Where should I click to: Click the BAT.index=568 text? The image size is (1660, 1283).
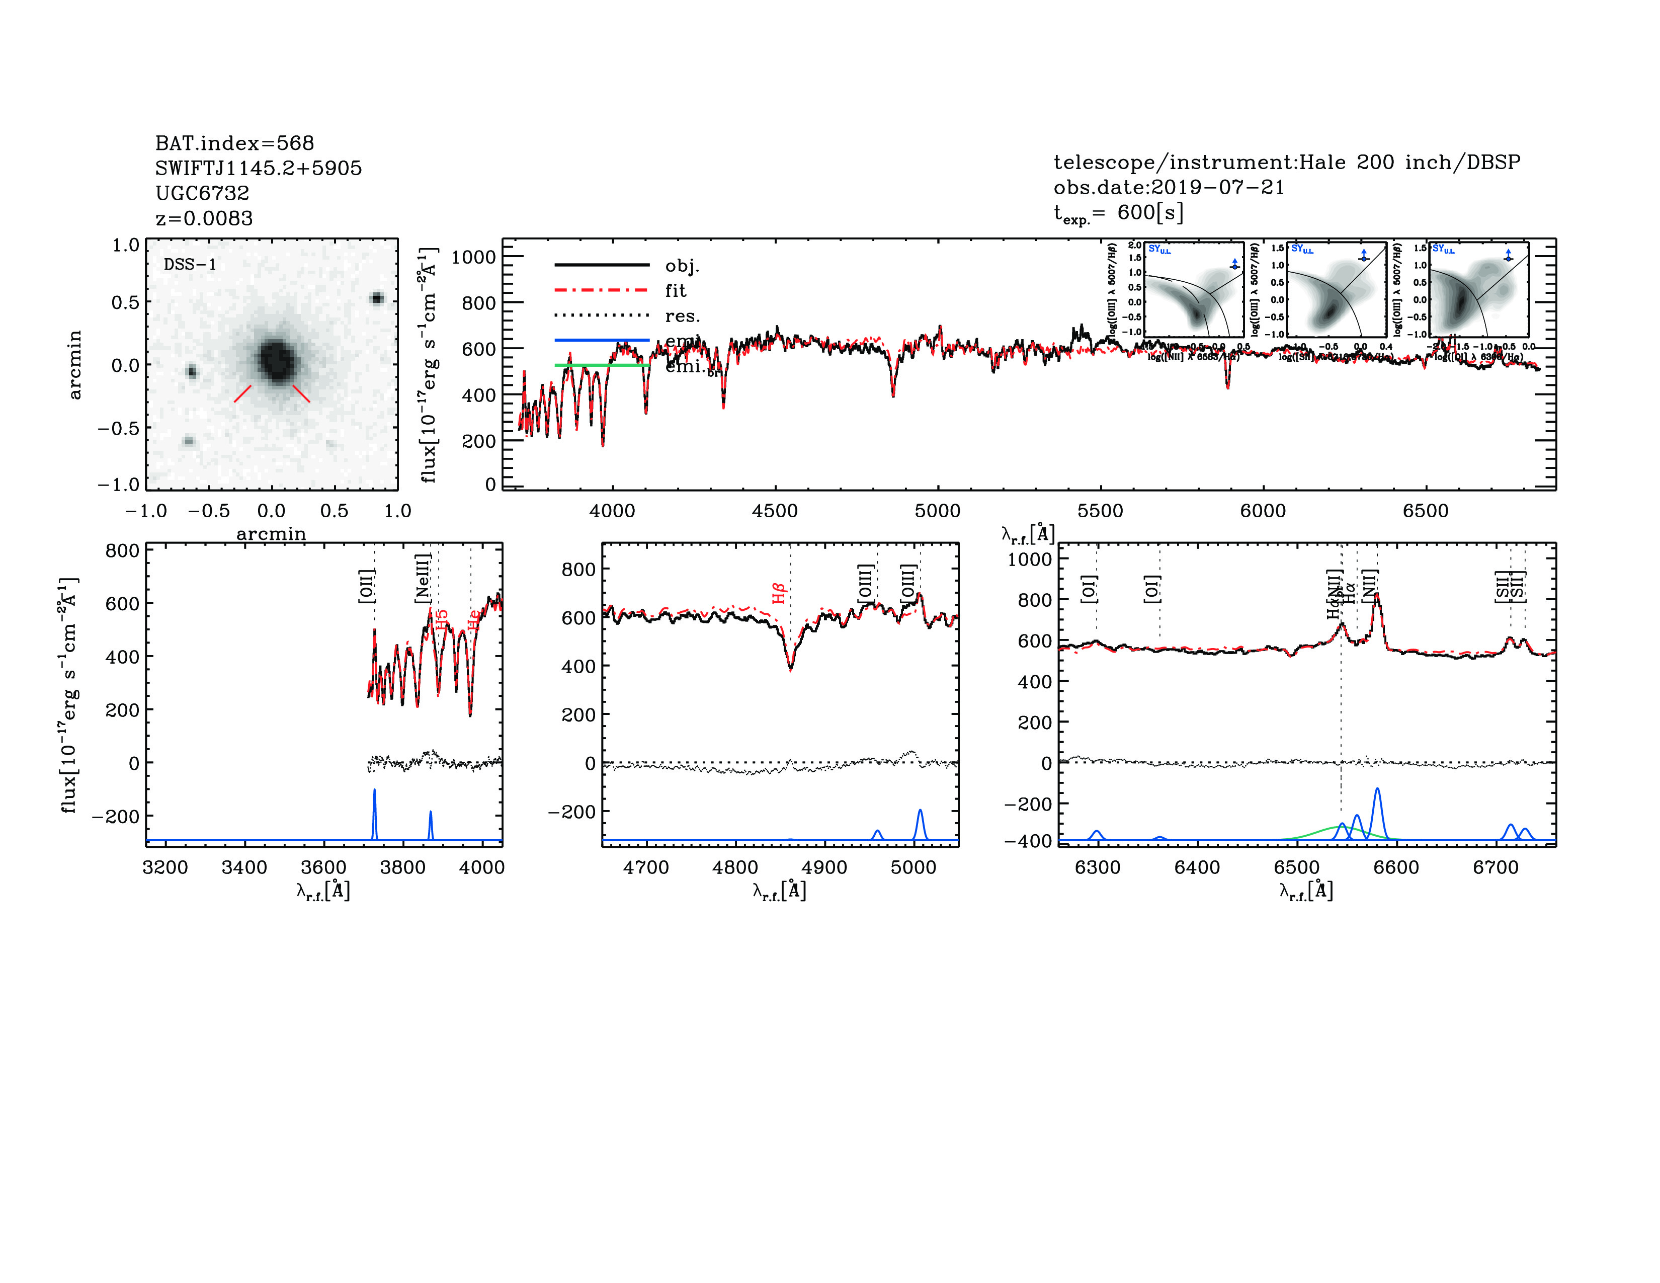pos(234,143)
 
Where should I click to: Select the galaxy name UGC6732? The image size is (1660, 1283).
pos(202,193)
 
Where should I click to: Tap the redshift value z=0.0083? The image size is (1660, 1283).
pos(204,218)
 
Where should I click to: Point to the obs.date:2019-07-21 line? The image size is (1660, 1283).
pos(1168,187)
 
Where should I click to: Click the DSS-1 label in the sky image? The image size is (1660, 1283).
pos(190,265)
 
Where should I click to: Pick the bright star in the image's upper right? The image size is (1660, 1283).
pos(376,298)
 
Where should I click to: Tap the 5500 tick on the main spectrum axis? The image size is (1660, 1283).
pos(1100,511)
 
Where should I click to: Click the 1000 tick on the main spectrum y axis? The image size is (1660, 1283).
pos(473,257)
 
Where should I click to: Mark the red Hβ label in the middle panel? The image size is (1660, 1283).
pos(778,593)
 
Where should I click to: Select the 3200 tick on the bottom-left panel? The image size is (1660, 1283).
pos(165,867)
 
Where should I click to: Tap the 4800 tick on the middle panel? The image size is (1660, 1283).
pos(735,867)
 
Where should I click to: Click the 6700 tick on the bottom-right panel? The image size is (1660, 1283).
pos(1495,867)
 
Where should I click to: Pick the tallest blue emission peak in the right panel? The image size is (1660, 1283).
pos(1377,790)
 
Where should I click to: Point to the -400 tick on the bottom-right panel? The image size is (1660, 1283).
pos(1030,841)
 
